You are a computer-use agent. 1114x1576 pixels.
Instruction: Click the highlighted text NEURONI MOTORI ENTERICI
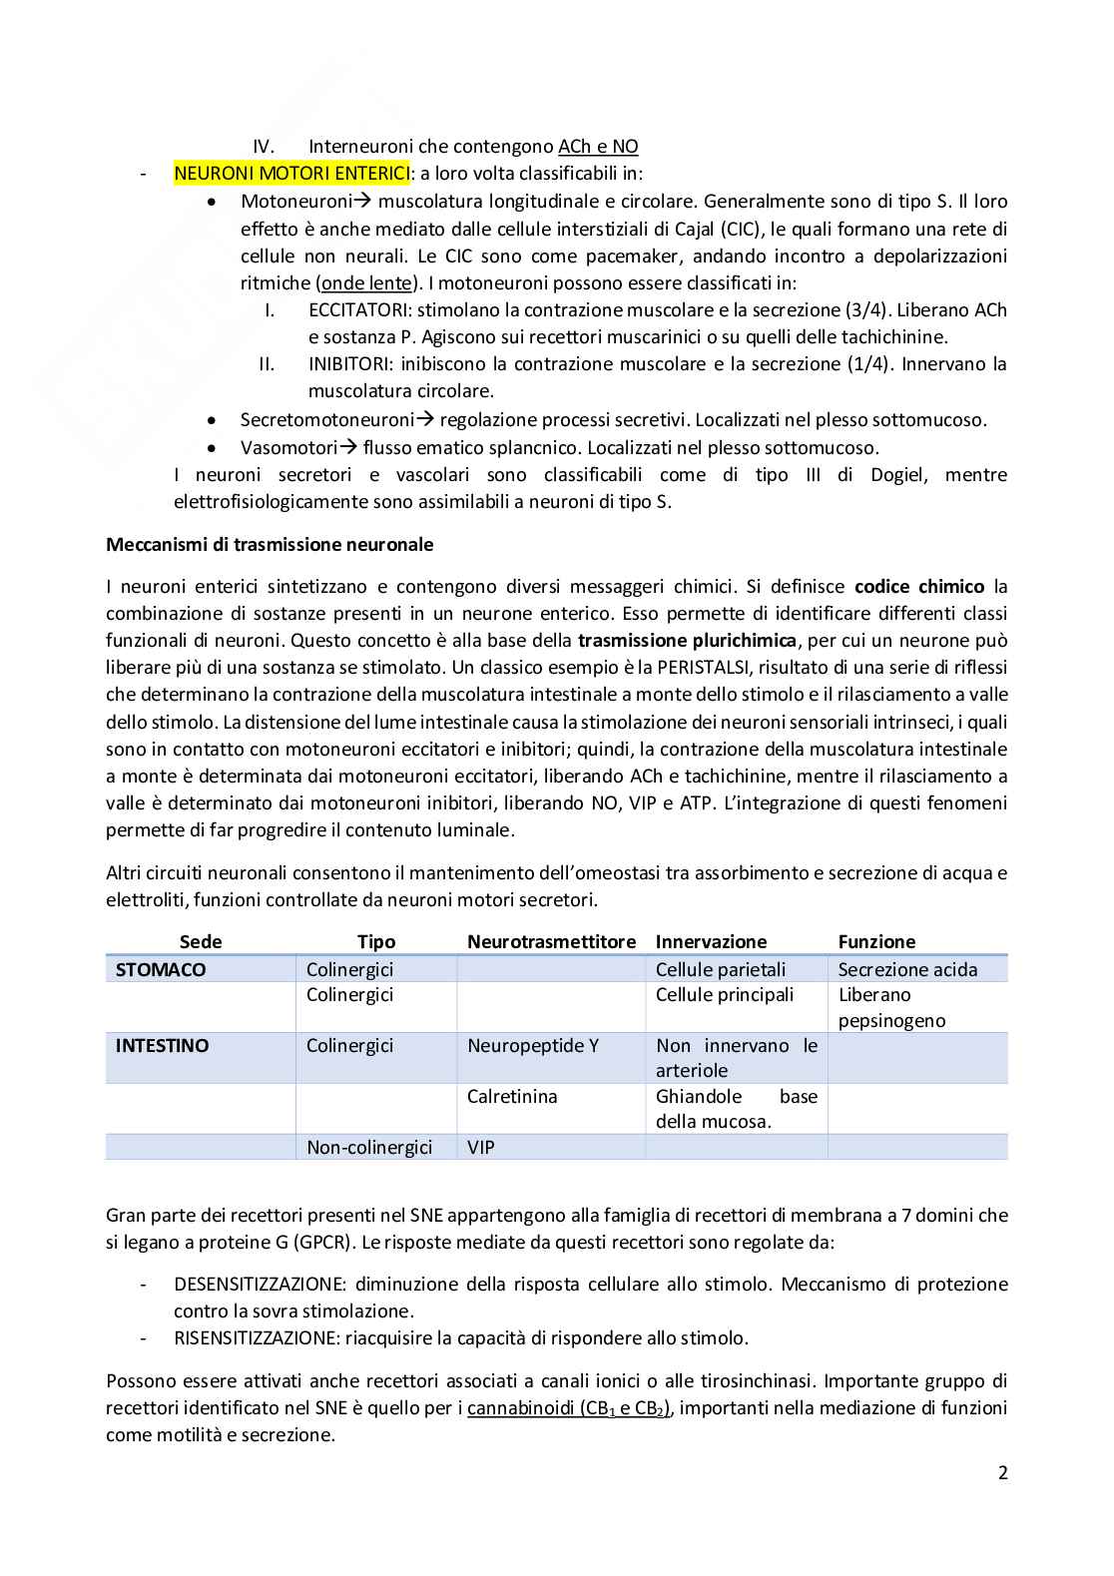click(x=290, y=174)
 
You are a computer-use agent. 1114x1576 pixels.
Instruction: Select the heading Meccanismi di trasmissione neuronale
click(x=270, y=545)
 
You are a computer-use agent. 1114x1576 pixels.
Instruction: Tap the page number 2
click(x=1002, y=1472)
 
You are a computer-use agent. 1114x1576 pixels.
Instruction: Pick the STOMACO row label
click(x=161, y=969)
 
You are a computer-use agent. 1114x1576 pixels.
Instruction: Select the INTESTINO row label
click(x=163, y=1046)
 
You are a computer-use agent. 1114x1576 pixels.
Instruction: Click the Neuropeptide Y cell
click(x=533, y=1046)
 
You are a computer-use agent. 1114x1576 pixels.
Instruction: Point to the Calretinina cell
click(x=512, y=1097)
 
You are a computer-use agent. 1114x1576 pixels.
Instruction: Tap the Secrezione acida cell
click(x=907, y=969)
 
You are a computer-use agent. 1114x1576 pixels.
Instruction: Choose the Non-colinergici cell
click(x=369, y=1148)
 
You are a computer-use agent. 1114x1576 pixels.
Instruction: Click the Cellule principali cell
click(x=725, y=994)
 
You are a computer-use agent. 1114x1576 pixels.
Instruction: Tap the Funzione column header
click(x=876, y=941)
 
